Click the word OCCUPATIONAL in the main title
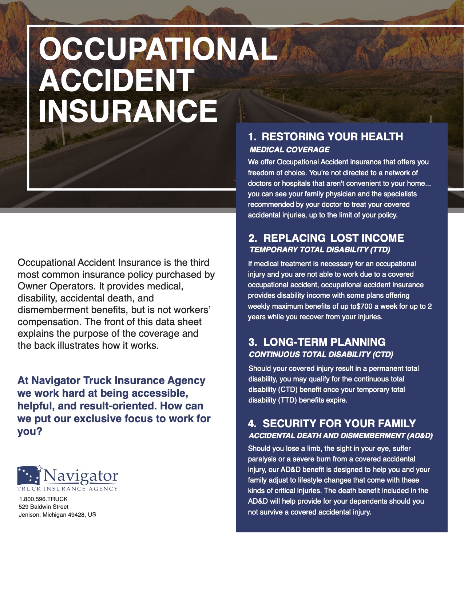click(158, 49)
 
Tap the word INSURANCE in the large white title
click(128, 111)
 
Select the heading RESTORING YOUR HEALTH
click(332, 137)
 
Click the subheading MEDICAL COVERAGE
click(289, 150)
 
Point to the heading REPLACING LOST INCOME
click(333, 238)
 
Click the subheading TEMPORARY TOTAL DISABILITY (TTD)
click(320, 250)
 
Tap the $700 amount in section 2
click(365, 306)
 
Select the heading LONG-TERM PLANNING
click(324, 342)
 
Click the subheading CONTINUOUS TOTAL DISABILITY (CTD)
click(321, 355)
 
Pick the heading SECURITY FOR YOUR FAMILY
click(339, 424)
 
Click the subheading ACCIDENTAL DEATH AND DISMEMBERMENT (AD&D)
click(341, 436)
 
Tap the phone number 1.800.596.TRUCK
click(43, 499)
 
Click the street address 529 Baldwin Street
click(43, 507)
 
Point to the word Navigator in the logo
click(81, 476)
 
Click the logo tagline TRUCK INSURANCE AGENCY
click(68, 489)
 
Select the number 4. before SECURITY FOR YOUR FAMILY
click(252, 424)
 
